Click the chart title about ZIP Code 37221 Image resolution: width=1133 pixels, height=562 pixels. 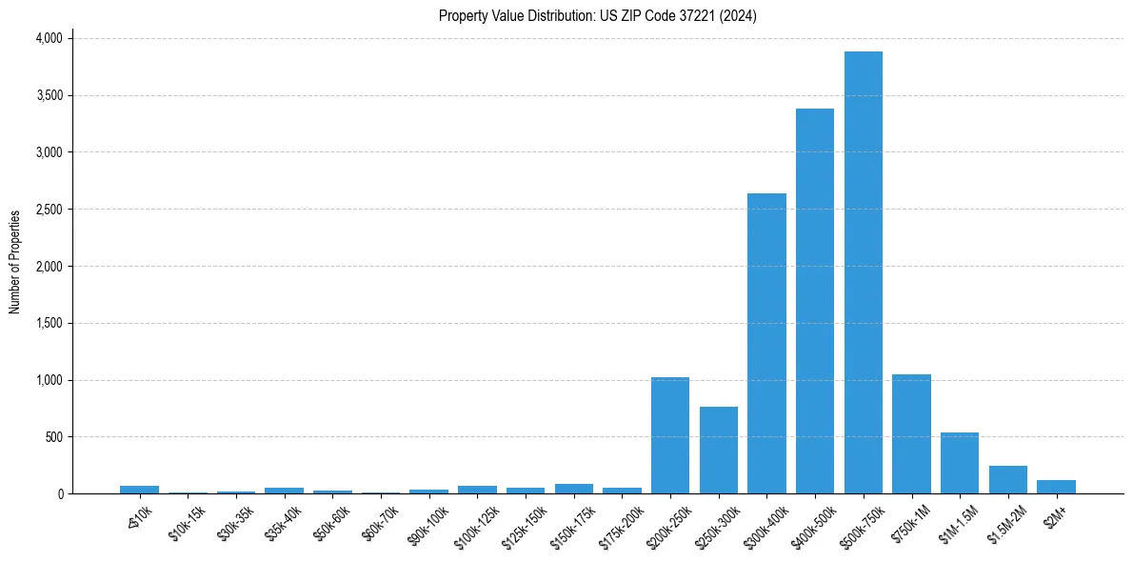(x=597, y=15)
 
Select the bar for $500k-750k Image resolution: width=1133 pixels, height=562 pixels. (x=863, y=272)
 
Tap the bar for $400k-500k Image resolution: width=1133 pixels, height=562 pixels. (x=814, y=301)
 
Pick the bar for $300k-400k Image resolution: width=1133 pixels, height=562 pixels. (x=766, y=343)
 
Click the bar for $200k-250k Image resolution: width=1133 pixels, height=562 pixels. (x=669, y=435)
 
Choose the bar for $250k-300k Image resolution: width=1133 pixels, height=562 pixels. (x=718, y=450)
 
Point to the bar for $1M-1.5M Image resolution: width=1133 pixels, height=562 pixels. (x=959, y=463)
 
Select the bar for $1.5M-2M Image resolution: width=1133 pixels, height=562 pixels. (x=1007, y=479)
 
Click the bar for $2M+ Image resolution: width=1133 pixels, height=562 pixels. (x=1056, y=487)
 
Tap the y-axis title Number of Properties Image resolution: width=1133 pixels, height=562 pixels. (x=15, y=262)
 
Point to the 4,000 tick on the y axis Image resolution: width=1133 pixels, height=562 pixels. (x=49, y=38)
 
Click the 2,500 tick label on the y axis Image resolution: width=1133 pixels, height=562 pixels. (x=49, y=210)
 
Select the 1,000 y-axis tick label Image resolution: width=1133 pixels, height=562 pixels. (x=49, y=380)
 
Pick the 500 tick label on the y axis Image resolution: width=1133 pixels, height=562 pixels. (x=53, y=437)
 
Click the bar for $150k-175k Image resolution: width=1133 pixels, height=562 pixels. (x=573, y=489)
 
